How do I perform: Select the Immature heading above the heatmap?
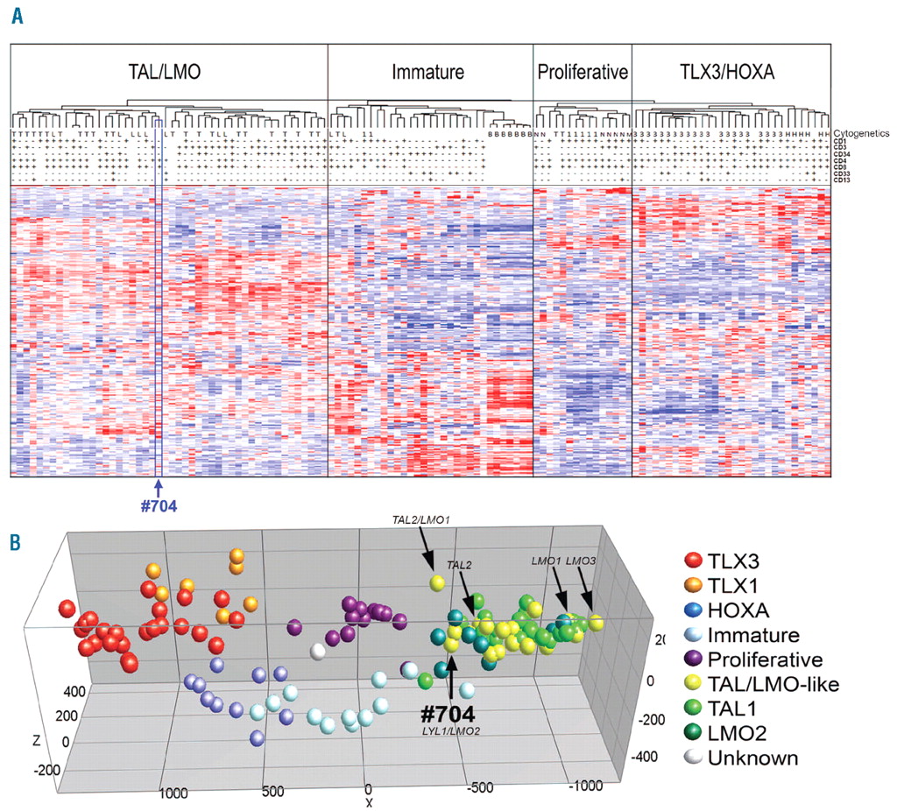428,74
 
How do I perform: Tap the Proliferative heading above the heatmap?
583,74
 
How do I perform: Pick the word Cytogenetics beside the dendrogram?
862,132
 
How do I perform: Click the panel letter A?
16,15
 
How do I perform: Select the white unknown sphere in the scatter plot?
319,652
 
